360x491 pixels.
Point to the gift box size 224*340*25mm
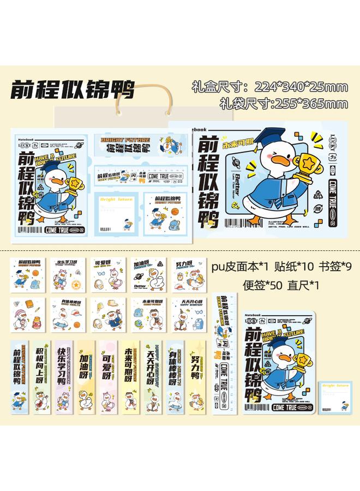[270, 87]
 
